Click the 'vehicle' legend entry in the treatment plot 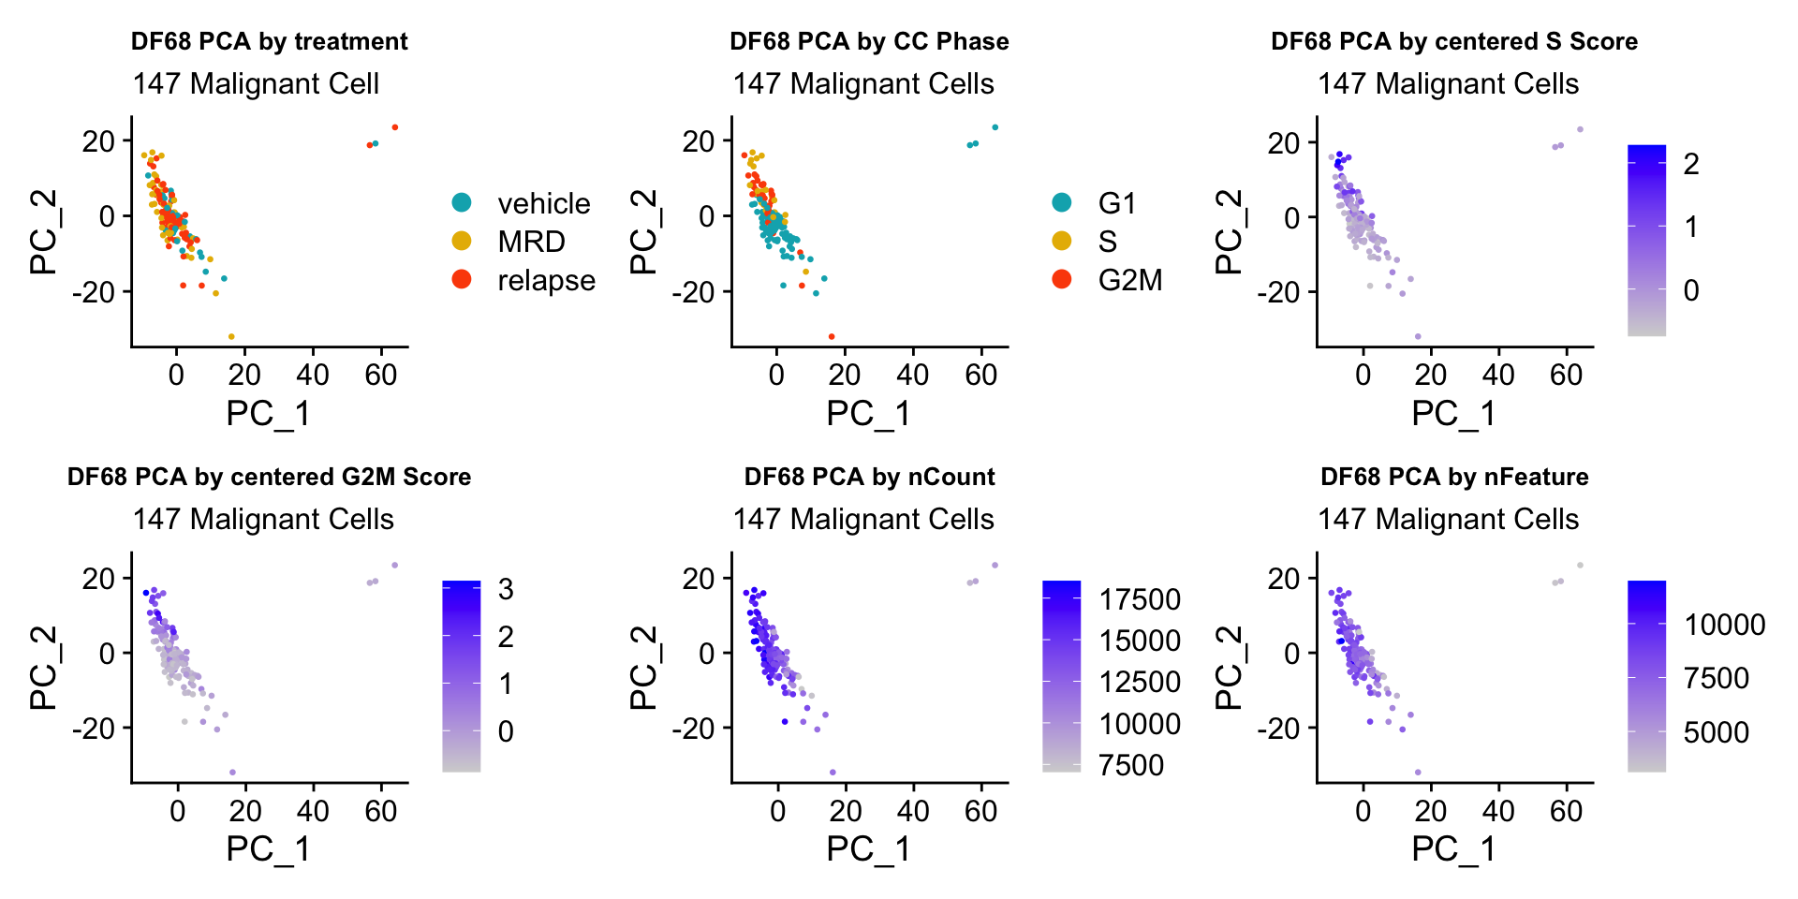543,203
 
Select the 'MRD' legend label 531,242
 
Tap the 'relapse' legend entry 546,280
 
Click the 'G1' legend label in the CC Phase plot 1116,203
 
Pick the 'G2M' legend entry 1129,280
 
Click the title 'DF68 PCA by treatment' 269,42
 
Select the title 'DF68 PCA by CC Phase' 869,42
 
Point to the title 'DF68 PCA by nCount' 869,478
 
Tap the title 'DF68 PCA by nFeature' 1454,478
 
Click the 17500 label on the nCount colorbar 1140,599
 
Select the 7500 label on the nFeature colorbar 1716,678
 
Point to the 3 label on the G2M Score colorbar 506,590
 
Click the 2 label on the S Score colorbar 1690,165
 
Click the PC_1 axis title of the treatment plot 268,413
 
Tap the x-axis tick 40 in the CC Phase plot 912,376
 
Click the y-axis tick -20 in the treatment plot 94,292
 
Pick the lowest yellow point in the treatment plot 231,336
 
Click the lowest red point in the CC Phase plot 832,336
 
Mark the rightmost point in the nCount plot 995,565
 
